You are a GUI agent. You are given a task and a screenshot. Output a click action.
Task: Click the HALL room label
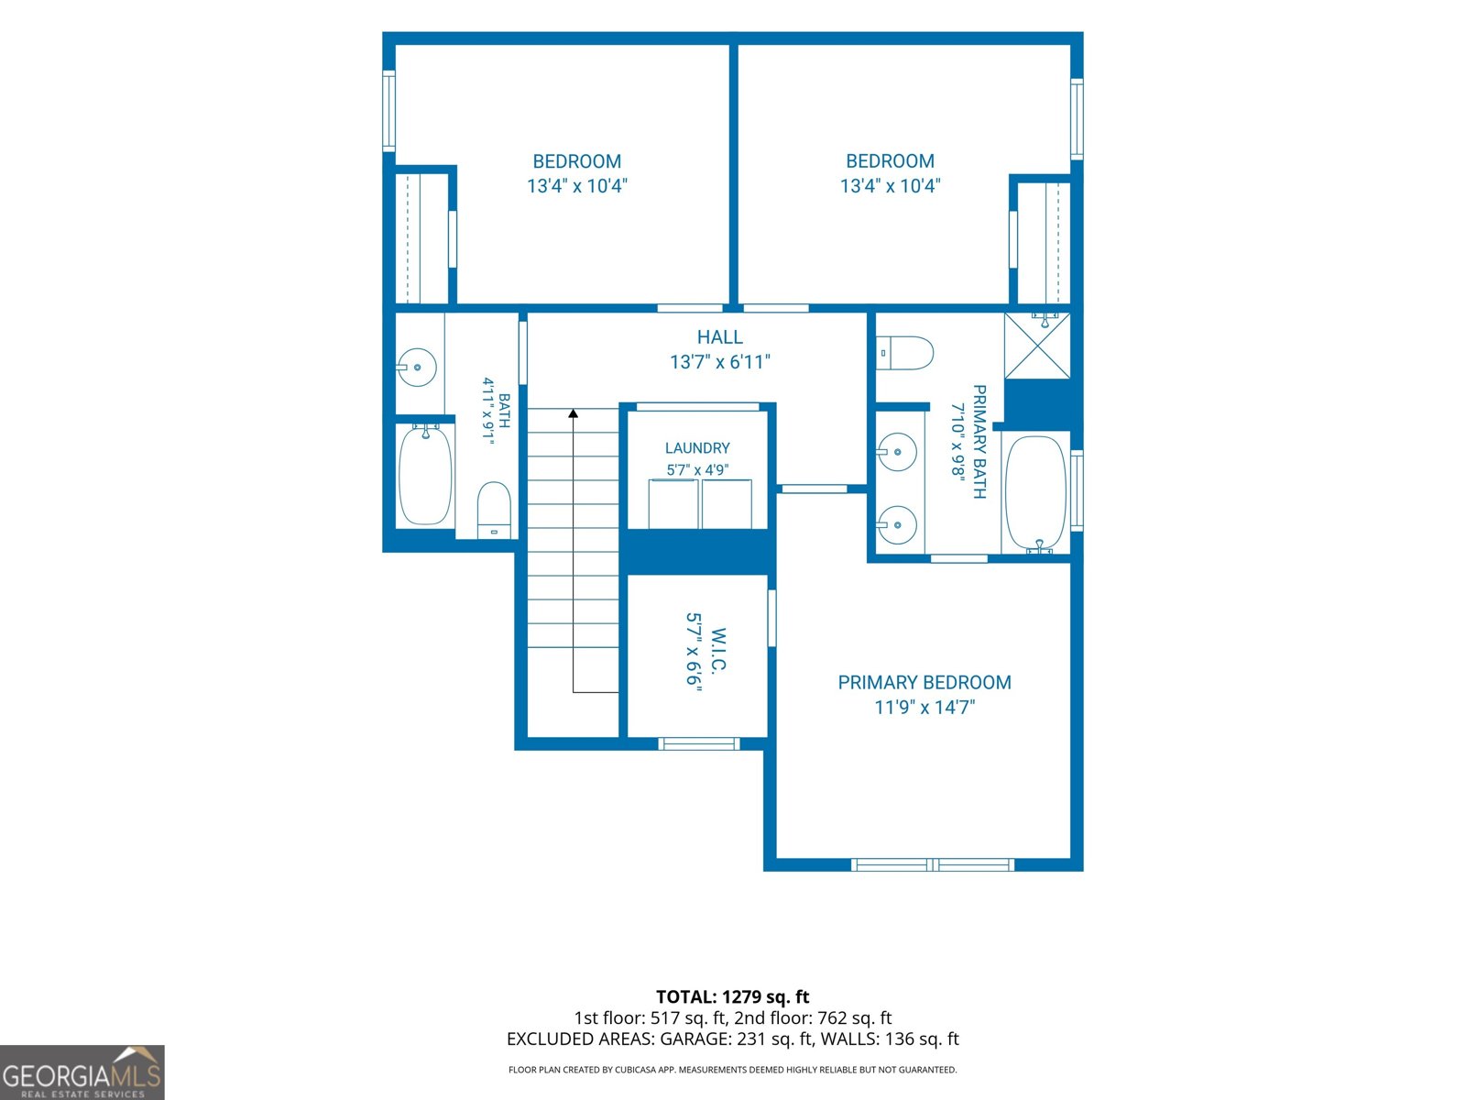point(719,337)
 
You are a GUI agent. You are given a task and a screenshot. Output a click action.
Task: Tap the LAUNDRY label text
point(697,448)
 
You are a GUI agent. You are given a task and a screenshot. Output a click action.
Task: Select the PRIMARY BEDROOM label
point(924,683)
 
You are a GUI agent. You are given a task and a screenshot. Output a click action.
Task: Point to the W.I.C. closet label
point(718,650)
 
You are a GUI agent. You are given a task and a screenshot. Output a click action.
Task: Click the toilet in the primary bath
point(904,353)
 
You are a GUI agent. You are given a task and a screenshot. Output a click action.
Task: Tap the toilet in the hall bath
point(494,510)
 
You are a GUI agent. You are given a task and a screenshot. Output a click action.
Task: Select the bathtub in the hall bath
point(425,476)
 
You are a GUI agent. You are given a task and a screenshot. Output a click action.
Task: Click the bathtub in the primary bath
point(1036,494)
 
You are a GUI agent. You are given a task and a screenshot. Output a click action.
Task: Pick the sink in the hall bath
point(417,368)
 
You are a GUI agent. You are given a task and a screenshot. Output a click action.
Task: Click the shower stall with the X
point(1037,346)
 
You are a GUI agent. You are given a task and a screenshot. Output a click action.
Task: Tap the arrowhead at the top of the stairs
point(573,413)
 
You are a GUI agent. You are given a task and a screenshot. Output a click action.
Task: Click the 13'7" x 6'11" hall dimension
point(720,362)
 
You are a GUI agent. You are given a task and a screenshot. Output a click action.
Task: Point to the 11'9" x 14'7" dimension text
point(925,708)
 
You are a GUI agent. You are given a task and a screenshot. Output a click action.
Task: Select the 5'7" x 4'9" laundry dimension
point(697,470)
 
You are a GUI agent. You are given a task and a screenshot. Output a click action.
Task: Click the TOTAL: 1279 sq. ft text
point(733,996)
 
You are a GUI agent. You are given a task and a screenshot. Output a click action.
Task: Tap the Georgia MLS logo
point(82,1072)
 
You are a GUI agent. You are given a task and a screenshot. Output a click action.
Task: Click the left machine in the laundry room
point(673,504)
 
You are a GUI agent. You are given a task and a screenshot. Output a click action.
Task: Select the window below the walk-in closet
point(698,744)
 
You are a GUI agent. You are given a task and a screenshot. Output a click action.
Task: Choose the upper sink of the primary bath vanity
point(896,452)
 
